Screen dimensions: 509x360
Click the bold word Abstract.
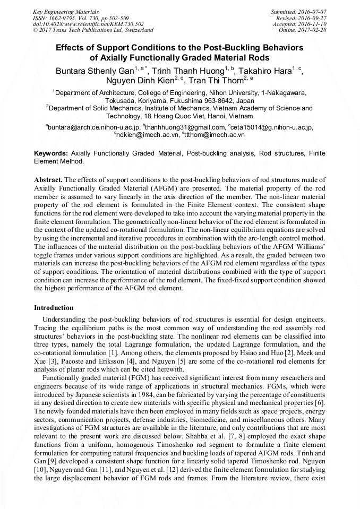48,180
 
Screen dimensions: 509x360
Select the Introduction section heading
54,308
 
